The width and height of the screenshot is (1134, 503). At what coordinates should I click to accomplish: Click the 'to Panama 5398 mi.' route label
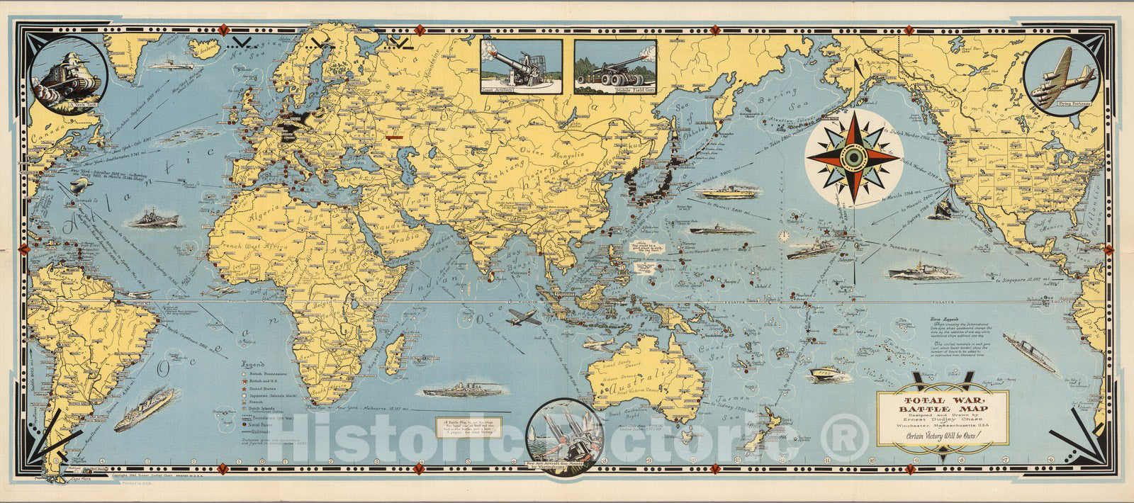point(904,246)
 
